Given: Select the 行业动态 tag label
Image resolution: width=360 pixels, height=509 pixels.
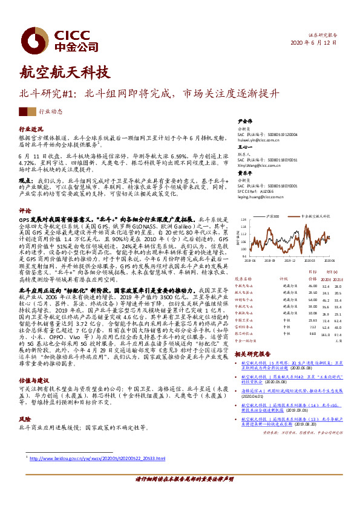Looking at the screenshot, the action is click(51, 112).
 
